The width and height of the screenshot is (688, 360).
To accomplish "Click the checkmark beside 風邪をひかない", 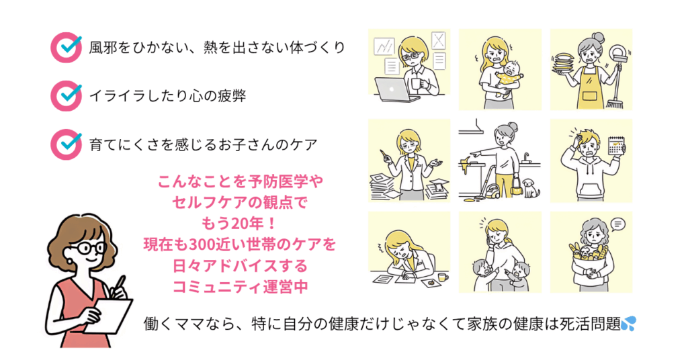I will [x=67, y=46].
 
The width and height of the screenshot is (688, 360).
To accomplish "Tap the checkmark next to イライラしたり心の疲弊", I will [x=67, y=95].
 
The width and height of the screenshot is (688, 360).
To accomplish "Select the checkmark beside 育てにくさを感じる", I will [x=67, y=142].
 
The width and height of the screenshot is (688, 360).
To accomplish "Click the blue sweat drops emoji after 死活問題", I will [x=628, y=324].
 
